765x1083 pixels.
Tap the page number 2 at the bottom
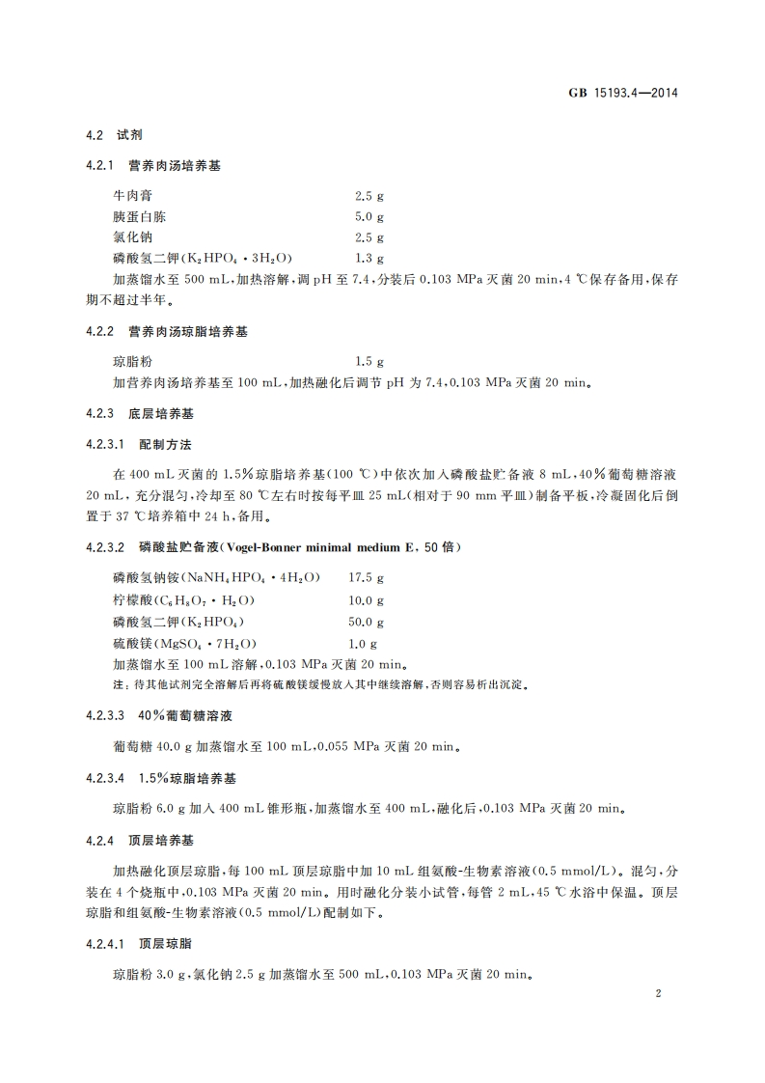point(657,994)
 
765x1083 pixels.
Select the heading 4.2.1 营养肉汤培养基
point(153,166)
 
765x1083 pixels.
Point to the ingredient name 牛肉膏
point(133,195)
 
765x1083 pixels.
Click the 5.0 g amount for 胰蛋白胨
point(369,216)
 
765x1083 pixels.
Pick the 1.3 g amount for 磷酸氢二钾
point(369,259)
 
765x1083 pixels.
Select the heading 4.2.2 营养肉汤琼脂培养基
point(167,331)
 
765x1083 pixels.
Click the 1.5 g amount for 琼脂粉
point(369,361)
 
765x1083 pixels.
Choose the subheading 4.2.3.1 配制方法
point(139,444)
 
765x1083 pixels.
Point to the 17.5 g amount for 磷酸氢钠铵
point(367,578)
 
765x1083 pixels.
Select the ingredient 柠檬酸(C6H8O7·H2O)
point(184,599)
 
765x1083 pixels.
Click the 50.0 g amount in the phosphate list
point(367,622)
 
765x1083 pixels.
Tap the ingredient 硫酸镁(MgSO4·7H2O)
point(184,643)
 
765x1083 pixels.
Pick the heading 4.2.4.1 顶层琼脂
point(139,944)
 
